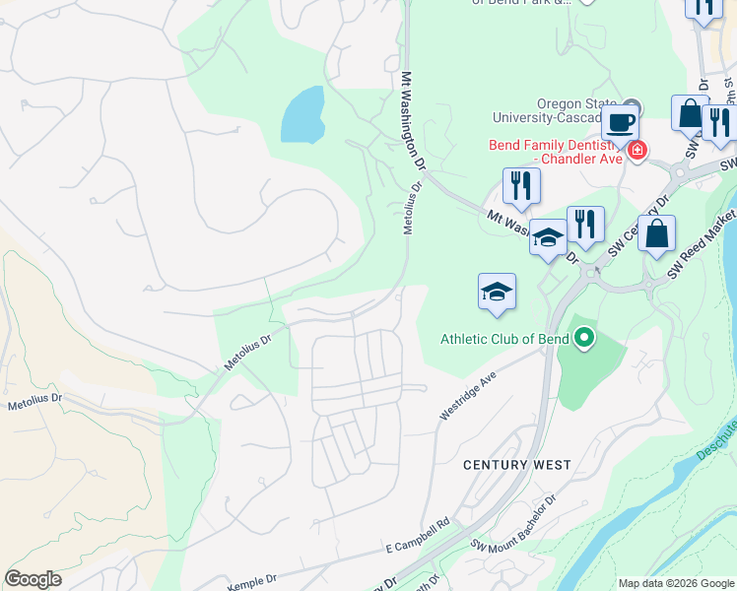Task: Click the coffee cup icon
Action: pos(620,123)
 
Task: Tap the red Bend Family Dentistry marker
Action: pos(637,151)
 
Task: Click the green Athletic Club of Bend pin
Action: pos(584,340)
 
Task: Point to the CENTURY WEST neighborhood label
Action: pos(517,464)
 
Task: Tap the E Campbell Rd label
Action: pos(417,535)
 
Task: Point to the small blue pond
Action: pos(303,114)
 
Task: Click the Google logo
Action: pos(33,579)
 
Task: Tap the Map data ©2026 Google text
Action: pos(677,583)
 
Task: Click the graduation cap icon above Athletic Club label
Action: pos(497,292)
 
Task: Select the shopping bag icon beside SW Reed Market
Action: pos(656,234)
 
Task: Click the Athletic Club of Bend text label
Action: pos(504,340)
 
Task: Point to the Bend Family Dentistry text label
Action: pos(556,152)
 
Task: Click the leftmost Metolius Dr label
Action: pos(34,402)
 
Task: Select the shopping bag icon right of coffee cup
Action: pos(690,112)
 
